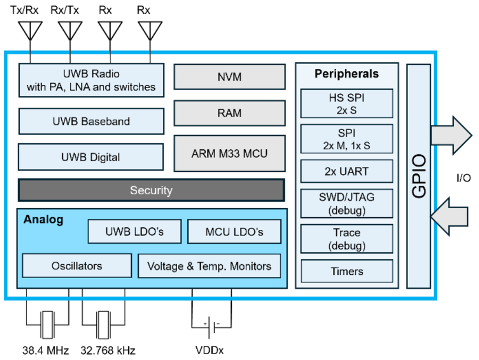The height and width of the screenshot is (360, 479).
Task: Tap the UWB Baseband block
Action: pyautogui.click(x=91, y=122)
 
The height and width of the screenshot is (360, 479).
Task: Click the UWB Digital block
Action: pyautogui.click(x=91, y=157)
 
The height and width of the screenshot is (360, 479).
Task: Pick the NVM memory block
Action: pyautogui.click(x=229, y=77)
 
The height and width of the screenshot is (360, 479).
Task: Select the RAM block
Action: pyautogui.click(x=229, y=113)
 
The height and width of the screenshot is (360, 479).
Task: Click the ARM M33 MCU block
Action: pyautogui.click(x=229, y=154)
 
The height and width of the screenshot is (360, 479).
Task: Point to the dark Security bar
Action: pyautogui.click(x=151, y=191)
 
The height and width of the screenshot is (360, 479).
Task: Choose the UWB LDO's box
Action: pyautogui.click(x=135, y=232)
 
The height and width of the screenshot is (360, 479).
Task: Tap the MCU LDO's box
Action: pyautogui.click(x=234, y=232)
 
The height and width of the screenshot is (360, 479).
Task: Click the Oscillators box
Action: pyautogui.click(x=77, y=266)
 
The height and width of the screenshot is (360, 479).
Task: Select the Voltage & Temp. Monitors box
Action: pyautogui.click(x=209, y=266)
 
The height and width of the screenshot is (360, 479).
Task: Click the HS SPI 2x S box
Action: pyautogui.click(x=347, y=103)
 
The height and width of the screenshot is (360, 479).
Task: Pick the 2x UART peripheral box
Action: pyautogui.click(x=347, y=171)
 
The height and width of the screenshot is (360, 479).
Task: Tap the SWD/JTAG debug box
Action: pyautogui.click(x=347, y=203)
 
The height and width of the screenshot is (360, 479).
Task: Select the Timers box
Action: pyautogui.click(x=347, y=271)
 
